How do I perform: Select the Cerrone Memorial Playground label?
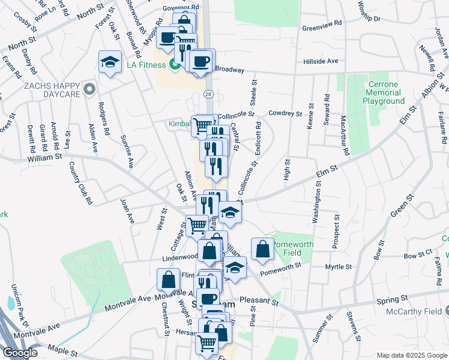click(x=384, y=93)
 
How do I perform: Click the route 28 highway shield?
click(x=208, y=94)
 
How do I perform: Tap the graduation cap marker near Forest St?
click(x=110, y=62)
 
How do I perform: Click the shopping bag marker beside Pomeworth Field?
click(x=262, y=249)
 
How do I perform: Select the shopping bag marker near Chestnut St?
click(x=168, y=279)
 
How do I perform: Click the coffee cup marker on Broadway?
click(x=202, y=60)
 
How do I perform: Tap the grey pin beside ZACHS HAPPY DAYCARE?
click(x=90, y=91)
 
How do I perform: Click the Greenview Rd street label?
click(x=322, y=28)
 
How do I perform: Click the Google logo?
click(x=20, y=353)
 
